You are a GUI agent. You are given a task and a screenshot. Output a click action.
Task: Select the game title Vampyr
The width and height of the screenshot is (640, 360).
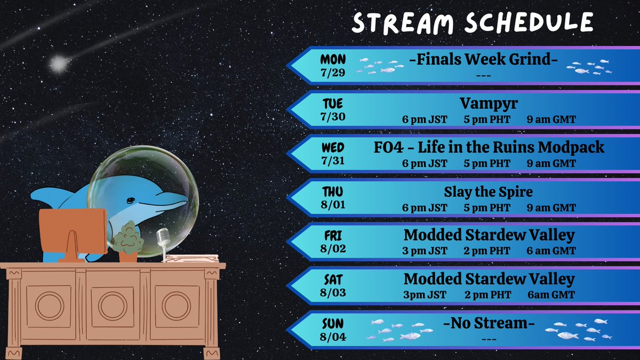(x=489, y=103)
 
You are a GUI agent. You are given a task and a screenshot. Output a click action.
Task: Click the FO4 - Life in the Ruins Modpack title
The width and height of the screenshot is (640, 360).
(x=489, y=147)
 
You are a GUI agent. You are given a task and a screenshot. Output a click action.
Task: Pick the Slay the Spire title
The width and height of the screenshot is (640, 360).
(x=489, y=191)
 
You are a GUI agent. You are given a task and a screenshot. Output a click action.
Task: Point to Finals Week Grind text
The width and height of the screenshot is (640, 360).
(x=483, y=60)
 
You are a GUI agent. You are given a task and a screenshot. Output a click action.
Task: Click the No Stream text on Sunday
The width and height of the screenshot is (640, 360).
(x=489, y=324)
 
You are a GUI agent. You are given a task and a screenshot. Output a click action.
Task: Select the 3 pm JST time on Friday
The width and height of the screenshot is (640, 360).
(x=425, y=251)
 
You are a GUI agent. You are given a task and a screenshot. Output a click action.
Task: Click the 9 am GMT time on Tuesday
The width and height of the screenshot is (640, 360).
(x=551, y=119)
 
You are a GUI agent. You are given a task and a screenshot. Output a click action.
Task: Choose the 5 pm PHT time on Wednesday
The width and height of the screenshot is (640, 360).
(x=487, y=164)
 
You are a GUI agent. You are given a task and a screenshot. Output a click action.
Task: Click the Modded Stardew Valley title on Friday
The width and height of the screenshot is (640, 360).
(x=489, y=235)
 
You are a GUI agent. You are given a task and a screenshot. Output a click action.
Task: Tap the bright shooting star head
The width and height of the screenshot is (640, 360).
(x=58, y=65)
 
